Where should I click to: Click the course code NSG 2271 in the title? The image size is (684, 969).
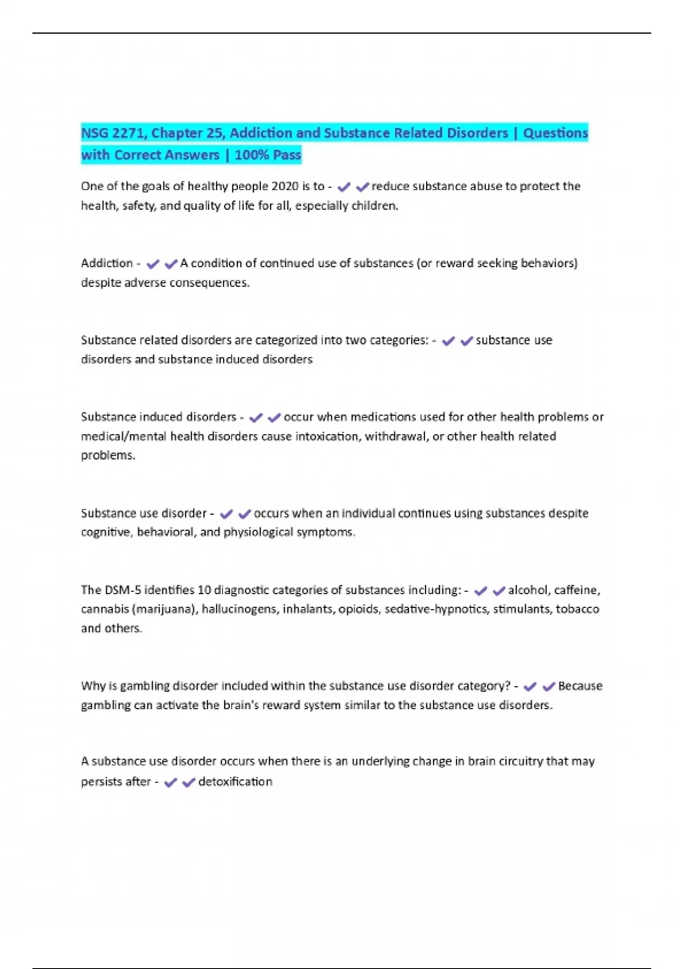point(113,133)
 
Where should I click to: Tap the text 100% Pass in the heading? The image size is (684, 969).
point(267,155)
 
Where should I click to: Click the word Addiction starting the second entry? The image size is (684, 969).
point(107,263)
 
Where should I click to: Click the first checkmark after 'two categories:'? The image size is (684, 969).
point(449,341)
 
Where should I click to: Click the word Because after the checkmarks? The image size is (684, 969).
point(580,686)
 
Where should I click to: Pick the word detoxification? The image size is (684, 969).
point(235,782)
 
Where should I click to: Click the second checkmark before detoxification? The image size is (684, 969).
point(189,783)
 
